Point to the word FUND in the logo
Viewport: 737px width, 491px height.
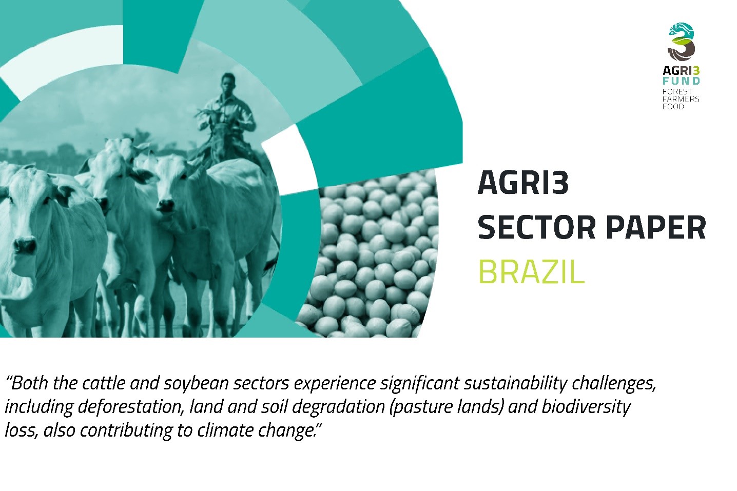click(x=681, y=81)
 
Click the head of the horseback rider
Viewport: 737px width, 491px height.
click(x=228, y=83)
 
